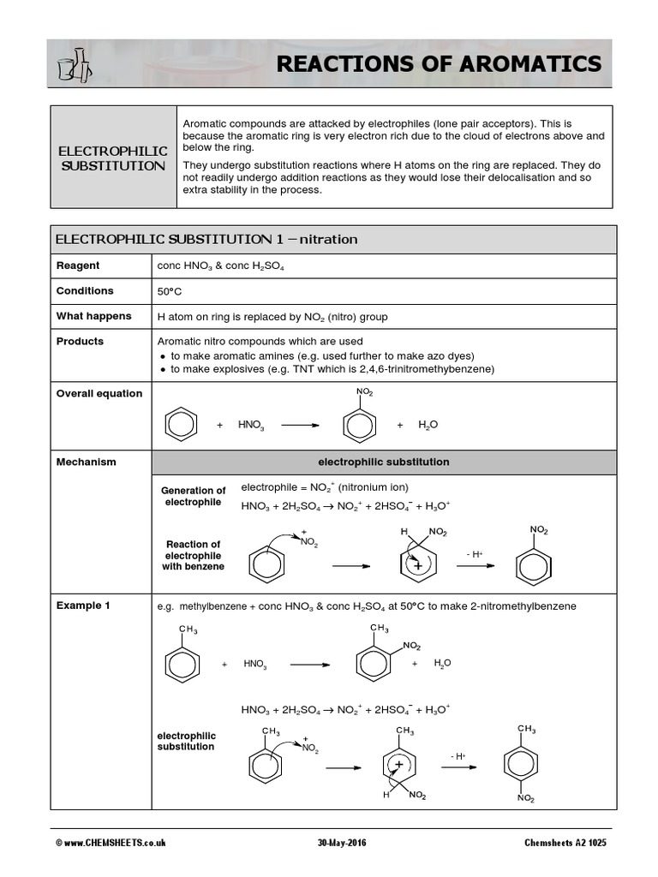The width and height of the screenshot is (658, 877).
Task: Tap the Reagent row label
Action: click(x=78, y=265)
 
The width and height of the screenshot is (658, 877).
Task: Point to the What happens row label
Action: click(x=93, y=316)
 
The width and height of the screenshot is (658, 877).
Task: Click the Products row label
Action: click(x=80, y=341)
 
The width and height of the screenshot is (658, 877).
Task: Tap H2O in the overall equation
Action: click(x=428, y=425)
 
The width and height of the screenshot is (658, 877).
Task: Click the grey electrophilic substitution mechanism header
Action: click(x=383, y=462)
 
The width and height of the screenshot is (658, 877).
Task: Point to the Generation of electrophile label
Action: click(x=193, y=496)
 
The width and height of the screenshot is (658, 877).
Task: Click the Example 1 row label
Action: click(x=83, y=606)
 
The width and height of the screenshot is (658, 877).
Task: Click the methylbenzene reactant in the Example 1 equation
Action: click(x=182, y=659)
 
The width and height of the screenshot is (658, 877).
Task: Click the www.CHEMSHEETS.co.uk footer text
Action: click(x=111, y=843)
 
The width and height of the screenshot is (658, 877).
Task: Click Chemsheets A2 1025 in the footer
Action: click(x=565, y=843)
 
